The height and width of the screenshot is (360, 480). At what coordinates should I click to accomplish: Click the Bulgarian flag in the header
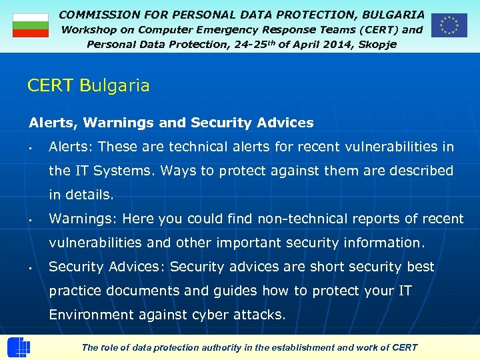[31, 25]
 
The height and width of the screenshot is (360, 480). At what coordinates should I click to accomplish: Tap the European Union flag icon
[449, 25]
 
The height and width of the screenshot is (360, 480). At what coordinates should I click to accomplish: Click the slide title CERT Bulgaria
[89, 86]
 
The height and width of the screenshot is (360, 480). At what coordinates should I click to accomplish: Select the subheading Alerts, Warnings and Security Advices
[171, 123]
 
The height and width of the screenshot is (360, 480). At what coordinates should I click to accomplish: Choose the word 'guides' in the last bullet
[236, 291]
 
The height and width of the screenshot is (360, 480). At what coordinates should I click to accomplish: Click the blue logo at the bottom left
[18, 347]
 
